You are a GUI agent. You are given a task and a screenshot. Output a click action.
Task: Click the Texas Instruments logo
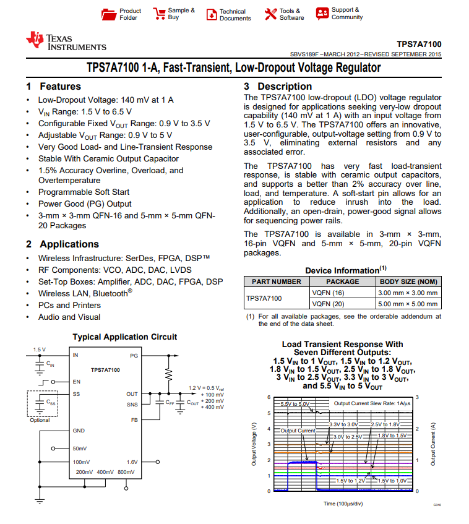[66, 41]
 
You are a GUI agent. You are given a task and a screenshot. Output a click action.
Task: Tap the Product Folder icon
[109, 14]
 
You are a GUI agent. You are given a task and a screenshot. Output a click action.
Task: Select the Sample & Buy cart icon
[159, 14]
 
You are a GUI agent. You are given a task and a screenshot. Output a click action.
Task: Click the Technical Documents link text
[235, 15]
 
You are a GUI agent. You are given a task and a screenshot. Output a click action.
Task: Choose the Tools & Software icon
[270, 14]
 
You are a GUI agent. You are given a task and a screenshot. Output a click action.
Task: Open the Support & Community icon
[322, 14]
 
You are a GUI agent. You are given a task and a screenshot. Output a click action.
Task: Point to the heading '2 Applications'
[62, 244]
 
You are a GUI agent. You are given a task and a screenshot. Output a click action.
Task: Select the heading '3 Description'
[278, 87]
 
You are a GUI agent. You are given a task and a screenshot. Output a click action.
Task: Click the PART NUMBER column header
[276, 281]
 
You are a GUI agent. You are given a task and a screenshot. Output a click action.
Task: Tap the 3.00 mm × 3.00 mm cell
[408, 293]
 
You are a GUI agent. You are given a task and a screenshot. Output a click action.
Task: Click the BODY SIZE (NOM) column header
[408, 281]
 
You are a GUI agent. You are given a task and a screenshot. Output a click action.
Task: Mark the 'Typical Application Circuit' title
[124, 337]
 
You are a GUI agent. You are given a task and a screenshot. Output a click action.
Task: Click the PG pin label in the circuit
[134, 356]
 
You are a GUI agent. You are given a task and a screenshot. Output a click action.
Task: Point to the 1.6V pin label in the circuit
[132, 462]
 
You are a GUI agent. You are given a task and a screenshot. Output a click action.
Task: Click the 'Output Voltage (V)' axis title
[254, 444]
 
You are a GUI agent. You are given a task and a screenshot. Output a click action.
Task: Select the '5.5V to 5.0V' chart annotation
[295, 403]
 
